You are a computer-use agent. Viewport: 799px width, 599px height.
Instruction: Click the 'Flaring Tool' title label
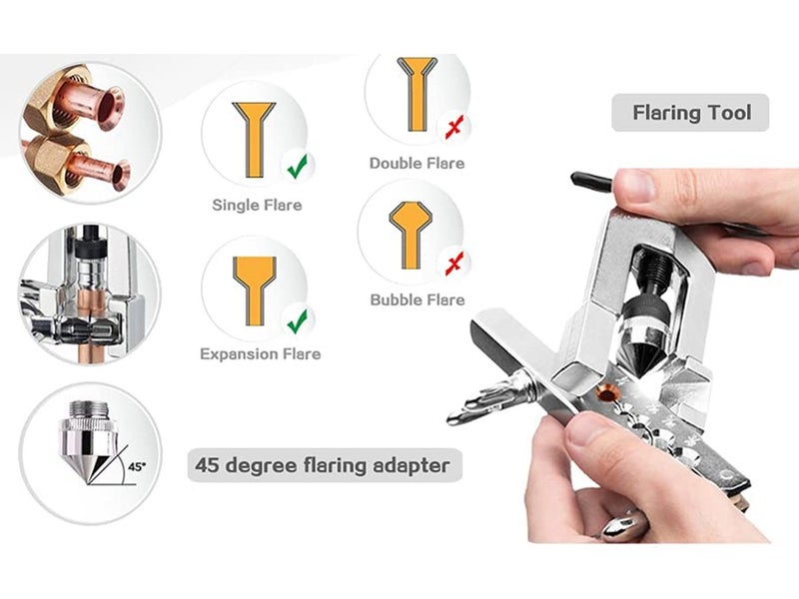tap(691, 113)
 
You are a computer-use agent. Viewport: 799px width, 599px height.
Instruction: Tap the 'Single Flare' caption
tap(257, 205)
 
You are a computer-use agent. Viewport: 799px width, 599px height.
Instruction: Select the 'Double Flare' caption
tap(416, 163)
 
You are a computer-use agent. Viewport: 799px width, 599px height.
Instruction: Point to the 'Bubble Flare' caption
tap(417, 299)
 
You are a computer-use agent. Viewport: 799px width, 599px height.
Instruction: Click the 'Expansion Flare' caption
tap(261, 354)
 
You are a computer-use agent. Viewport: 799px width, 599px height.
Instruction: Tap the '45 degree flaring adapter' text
tap(323, 465)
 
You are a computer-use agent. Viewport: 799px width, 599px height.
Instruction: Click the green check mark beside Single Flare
tap(297, 166)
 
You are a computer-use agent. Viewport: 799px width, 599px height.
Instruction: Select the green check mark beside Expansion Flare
tap(297, 320)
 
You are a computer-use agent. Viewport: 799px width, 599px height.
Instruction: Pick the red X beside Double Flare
tap(454, 128)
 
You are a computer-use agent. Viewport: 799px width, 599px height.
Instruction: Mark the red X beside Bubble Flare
tap(454, 264)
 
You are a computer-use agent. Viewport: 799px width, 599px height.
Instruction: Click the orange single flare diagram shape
tap(254, 140)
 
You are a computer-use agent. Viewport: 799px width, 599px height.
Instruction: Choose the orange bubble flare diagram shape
tap(410, 235)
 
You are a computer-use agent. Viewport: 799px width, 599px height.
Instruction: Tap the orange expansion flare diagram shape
tap(255, 291)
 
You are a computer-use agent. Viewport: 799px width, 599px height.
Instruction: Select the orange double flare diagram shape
tap(416, 94)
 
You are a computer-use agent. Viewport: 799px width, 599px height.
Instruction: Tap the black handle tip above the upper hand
tap(590, 182)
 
